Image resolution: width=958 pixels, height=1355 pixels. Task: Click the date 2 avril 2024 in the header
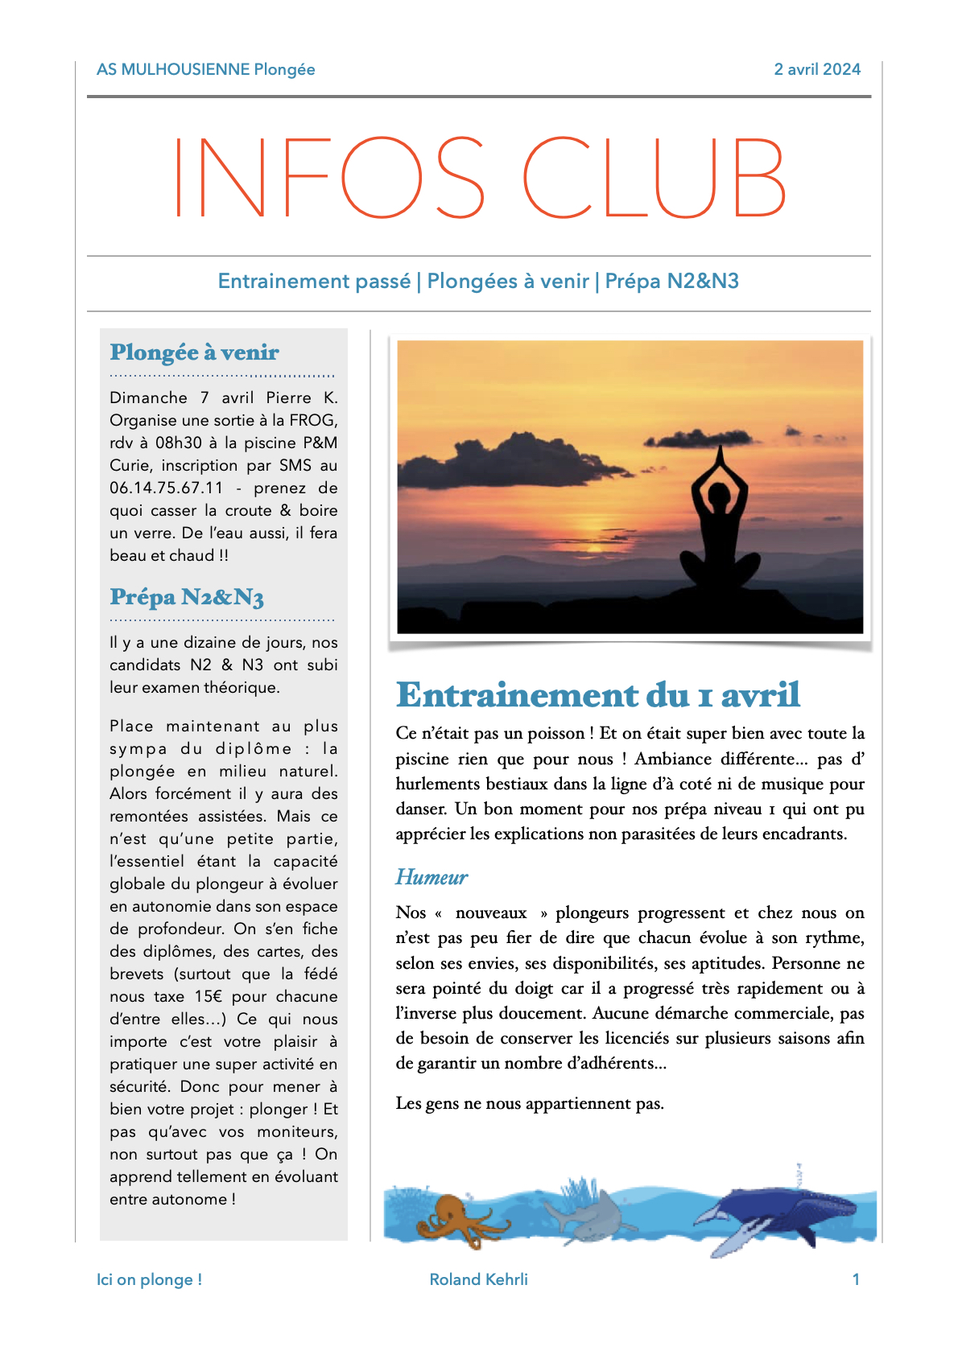[x=817, y=69]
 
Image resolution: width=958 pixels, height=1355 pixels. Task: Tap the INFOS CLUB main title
[x=480, y=178]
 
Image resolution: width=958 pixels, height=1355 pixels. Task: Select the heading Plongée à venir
[x=195, y=352]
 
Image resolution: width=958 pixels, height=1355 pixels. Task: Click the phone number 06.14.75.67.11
[x=167, y=488]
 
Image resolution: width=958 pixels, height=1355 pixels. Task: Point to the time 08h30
[x=179, y=443]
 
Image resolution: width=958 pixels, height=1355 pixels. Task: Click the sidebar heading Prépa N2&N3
[x=187, y=597]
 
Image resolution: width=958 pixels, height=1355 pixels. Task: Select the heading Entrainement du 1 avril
[x=597, y=695]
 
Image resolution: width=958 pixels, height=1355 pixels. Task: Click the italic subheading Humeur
[x=432, y=877]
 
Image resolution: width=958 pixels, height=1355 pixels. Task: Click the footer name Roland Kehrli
[x=478, y=1279]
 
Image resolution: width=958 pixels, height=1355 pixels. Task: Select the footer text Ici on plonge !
[x=149, y=1279]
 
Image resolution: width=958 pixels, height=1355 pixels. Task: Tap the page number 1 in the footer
[x=856, y=1279]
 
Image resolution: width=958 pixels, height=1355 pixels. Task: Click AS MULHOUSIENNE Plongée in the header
[x=205, y=69]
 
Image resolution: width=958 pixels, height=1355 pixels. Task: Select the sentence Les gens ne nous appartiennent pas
[x=530, y=1103]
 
